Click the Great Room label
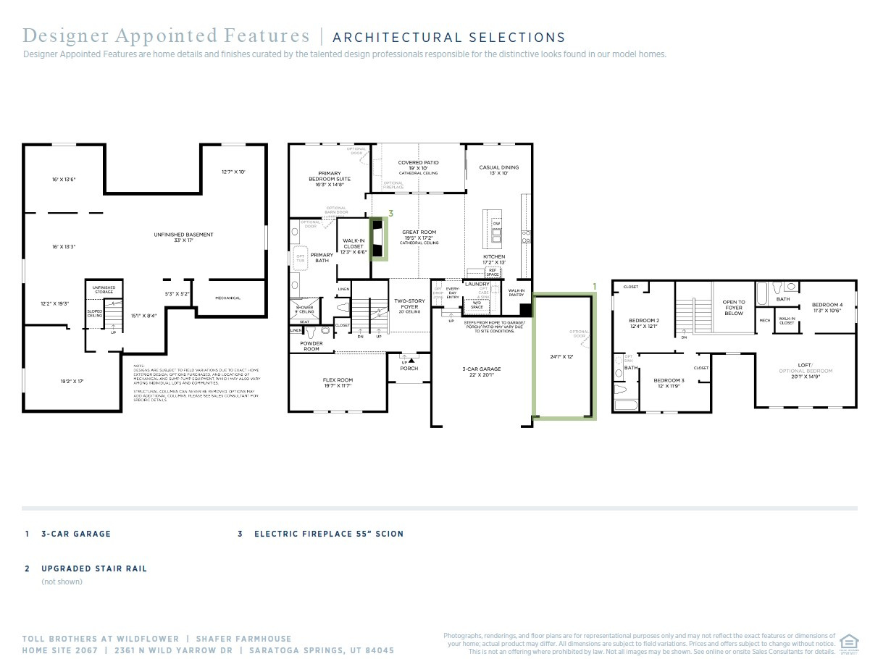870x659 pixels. tap(419, 232)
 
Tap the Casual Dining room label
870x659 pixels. tap(499, 167)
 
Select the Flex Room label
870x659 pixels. tap(338, 380)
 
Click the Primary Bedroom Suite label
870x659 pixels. tap(330, 178)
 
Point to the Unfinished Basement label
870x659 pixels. tap(183, 235)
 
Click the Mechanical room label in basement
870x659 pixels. tap(227, 298)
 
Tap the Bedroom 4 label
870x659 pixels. tap(827, 305)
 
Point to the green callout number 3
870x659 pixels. tap(390, 214)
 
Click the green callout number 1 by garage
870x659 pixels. tap(595, 287)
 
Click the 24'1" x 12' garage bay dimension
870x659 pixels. tap(561, 356)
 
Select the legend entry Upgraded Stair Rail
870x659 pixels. tap(93, 568)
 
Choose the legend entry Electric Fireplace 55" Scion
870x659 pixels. tap(329, 534)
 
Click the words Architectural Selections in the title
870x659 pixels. tap(448, 38)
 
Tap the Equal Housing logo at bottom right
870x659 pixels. tap(847, 642)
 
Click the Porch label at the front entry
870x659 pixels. tap(409, 368)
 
